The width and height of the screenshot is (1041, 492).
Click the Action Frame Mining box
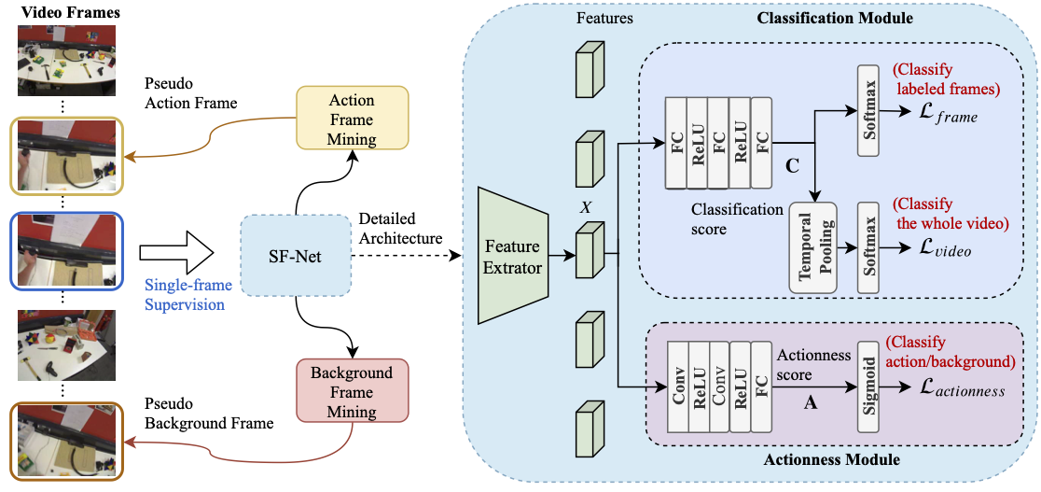coord(352,119)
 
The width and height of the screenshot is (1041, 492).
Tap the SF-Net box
coord(295,254)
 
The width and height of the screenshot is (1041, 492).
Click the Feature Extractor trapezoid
coord(512,255)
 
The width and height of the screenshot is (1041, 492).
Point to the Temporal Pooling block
coord(811,247)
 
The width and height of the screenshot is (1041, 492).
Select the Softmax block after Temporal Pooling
coord(868,248)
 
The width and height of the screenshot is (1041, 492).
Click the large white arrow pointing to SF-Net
coord(176,252)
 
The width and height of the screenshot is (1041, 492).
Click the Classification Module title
coord(834,18)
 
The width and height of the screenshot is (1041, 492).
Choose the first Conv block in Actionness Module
coord(679,387)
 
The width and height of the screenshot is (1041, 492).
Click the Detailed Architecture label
coord(400,229)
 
